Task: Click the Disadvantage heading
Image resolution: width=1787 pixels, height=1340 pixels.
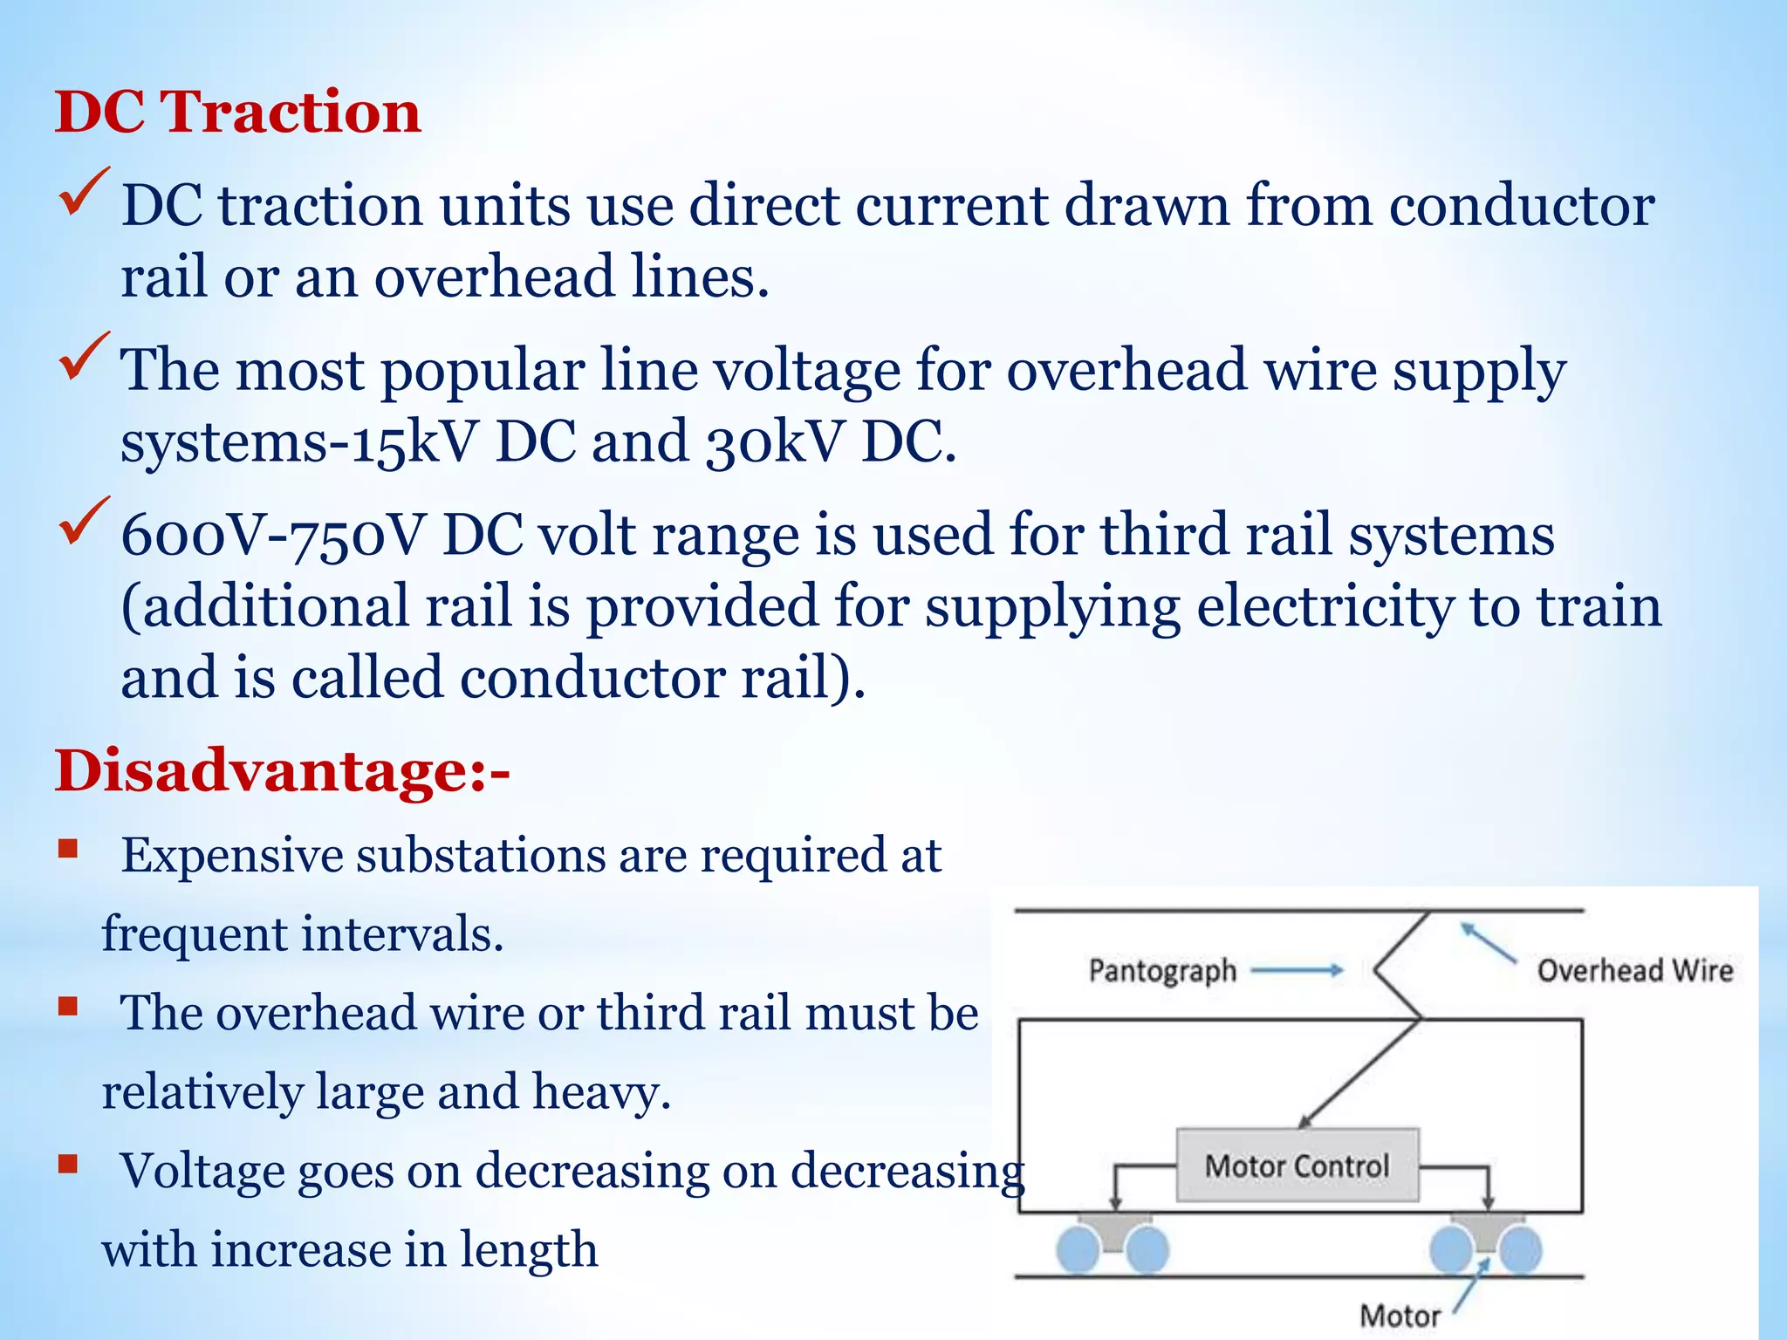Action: [282, 771]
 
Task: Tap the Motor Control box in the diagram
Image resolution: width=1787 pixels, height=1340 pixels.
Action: [1297, 1166]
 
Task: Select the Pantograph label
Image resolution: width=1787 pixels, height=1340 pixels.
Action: [1162, 970]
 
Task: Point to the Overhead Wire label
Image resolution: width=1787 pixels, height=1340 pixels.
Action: [1634, 970]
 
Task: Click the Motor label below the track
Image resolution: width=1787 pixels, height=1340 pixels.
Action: [1400, 1315]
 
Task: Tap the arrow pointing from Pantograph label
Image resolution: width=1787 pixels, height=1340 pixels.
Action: [1297, 969]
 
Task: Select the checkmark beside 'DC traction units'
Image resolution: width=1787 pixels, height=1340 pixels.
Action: [84, 192]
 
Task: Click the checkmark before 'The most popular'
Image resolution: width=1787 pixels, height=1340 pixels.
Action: [84, 357]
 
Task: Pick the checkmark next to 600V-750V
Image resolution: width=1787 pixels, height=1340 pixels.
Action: [84, 521]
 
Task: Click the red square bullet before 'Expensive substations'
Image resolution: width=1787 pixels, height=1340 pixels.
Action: [68, 849]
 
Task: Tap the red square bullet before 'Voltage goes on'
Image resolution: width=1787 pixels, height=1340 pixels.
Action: [68, 1164]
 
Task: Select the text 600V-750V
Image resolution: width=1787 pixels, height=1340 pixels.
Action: [273, 535]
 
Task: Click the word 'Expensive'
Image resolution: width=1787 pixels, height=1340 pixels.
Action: [230, 855]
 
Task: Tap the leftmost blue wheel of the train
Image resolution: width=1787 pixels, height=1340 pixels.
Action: [1078, 1249]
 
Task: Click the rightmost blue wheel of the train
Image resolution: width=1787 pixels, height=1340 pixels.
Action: [1520, 1249]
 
